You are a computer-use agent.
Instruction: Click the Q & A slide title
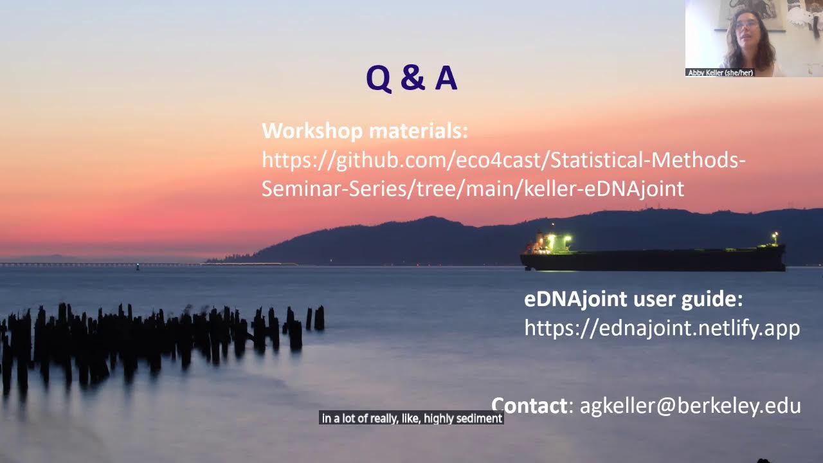tap(411, 78)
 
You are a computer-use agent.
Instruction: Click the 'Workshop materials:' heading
tap(365, 131)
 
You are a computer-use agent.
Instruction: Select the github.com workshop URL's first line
tap(503, 160)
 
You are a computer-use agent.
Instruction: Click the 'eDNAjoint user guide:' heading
tap(633, 299)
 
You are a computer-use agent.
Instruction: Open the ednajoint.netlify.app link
tap(662, 328)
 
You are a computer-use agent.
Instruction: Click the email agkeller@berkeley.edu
tap(690, 406)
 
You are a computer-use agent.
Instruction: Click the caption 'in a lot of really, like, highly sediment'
tap(411, 419)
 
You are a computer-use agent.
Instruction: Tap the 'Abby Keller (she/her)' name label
tap(720, 73)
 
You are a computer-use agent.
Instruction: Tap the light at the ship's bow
tap(775, 235)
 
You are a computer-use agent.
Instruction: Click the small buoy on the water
tap(137, 266)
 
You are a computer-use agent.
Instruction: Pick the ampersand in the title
tap(412, 78)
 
